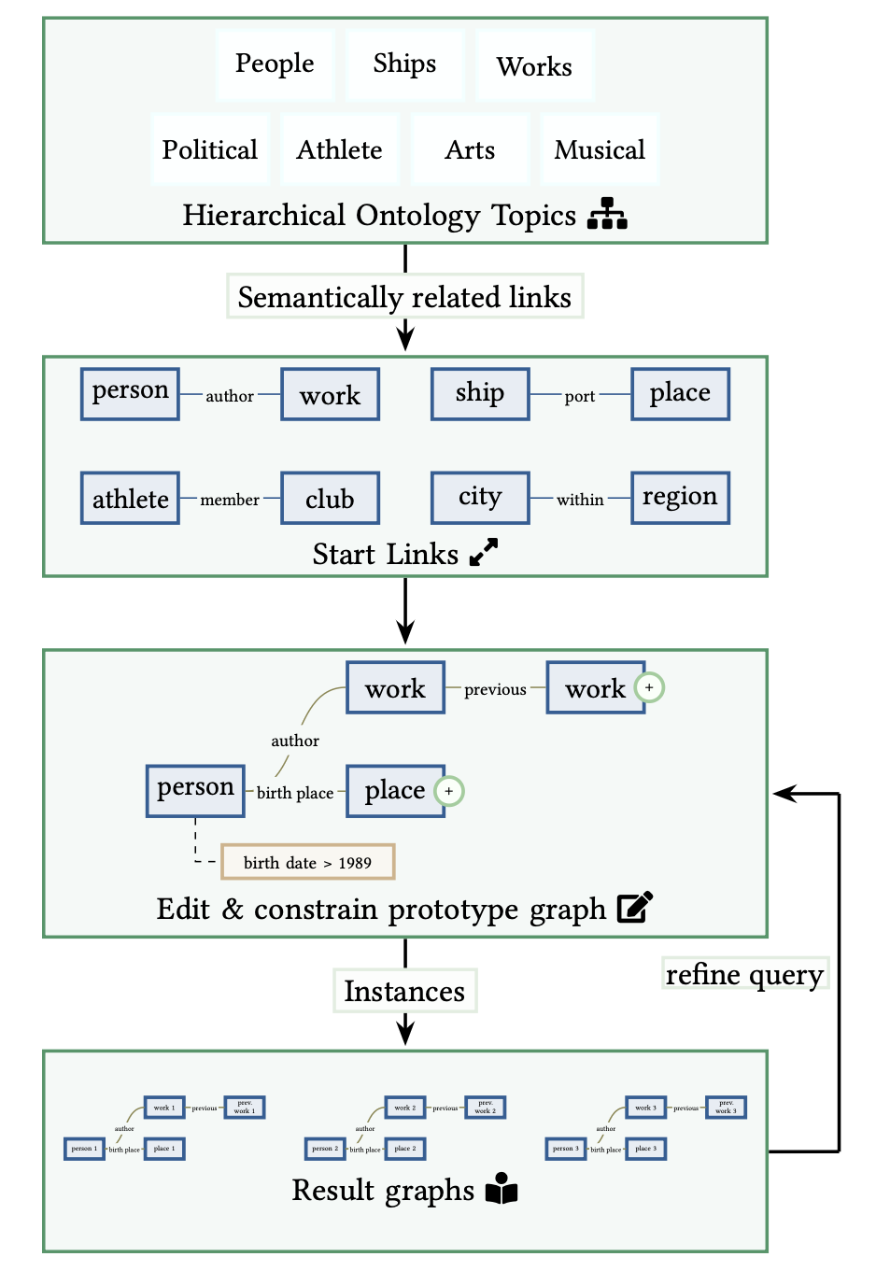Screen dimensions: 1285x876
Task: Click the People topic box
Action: pos(275,64)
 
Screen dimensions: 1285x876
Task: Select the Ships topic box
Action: pos(404,64)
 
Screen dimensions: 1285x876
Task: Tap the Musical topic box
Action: pos(600,149)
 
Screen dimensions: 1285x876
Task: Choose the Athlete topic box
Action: pos(340,149)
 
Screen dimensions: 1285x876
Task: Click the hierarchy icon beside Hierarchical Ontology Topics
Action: pos(607,214)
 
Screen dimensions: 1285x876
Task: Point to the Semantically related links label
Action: pos(404,297)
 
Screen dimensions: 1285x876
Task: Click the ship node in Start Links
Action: pos(480,394)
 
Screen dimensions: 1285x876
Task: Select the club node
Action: pos(330,499)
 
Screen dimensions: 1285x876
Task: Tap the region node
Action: pos(680,498)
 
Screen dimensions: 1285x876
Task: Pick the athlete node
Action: pos(130,499)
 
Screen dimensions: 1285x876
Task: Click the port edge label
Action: pos(580,396)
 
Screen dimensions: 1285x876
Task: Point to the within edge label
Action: pos(580,500)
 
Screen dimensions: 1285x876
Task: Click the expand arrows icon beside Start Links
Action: pos(484,553)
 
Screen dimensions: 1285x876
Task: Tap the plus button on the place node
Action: pos(449,791)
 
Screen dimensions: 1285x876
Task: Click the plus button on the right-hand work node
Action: pos(649,687)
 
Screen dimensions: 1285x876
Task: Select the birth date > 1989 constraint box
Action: pos(307,862)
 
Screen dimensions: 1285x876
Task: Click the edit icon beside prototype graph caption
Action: pos(635,907)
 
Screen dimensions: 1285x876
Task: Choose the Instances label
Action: pos(404,991)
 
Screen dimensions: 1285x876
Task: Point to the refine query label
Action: pos(744,974)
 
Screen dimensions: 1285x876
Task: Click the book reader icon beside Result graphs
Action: pos(502,1189)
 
